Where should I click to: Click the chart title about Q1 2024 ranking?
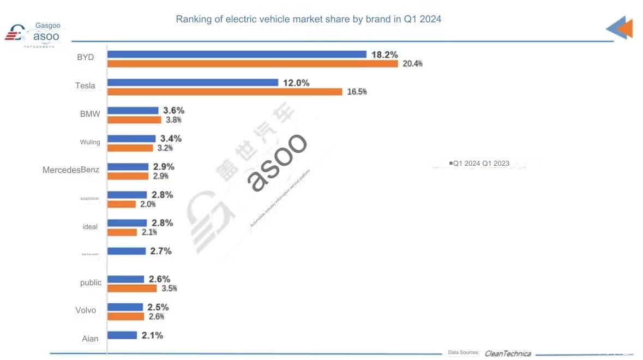pyautogui.click(x=308, y=19)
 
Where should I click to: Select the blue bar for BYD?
pyautogui.click(x=237, y=55)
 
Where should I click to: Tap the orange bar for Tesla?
pyautogui.click(x=225, y=92)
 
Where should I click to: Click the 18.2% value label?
pyautogui.click(x=384, y=55)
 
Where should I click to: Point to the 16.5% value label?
pyautogui.click(x=357, y=92)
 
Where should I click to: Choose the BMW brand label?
pyautogui.click(x=89, y=114)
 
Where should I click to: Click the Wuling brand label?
pyautogui.click(x=90, y=142)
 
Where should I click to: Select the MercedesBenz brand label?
pyautogui.click(x=71, y=170)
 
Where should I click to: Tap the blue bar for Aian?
pyautogui.click(x=122, y=335)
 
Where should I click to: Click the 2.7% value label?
pyautogui.click(x=160, y=251)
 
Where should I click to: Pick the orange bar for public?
pyautogui.click(x=132, y=288)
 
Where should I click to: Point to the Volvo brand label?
pyautogui.click(x=86, y=310)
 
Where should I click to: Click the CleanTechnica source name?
pyautogui.click(x=507, y=353)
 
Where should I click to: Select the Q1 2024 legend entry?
pyautogui.click(x=465, y=163)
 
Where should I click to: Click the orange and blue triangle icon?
pyautogui.click(x=620, y=28)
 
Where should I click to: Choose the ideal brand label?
pyautogui.click(x=90, y=226)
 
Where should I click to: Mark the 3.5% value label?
pyautogui.click(x=169, y=288)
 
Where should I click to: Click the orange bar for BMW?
pyautogui.click(x=134, y=120)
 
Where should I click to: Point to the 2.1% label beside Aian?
pyautogui.click(x=152, y=335)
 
